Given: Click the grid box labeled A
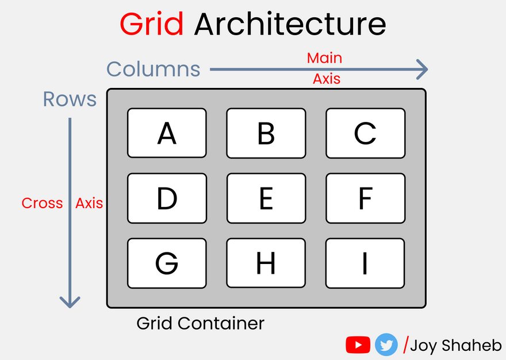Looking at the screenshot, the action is (167, 133).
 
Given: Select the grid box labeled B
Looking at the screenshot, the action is (266, 133).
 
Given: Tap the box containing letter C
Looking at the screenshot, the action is (366, 133).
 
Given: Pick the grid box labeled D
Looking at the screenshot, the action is (167, 198).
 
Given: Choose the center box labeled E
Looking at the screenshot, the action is (266, 198).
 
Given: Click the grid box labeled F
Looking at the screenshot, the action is (366, 198).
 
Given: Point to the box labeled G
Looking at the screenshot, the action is (167, 263).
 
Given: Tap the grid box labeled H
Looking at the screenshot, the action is (266, 263).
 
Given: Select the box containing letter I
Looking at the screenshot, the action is (365, 263).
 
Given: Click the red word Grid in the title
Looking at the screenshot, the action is (152, 25).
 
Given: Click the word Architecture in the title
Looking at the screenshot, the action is (290, 24).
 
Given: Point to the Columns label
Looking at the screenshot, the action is (154, 69).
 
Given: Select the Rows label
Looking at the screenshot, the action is (70, 99).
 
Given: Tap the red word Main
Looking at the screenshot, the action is (324, 58).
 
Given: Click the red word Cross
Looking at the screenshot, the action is (42, 203).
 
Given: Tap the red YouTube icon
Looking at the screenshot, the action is (358, 345).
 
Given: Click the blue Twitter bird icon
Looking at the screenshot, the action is (386, 345).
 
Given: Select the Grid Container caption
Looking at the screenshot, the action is (201, 323).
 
